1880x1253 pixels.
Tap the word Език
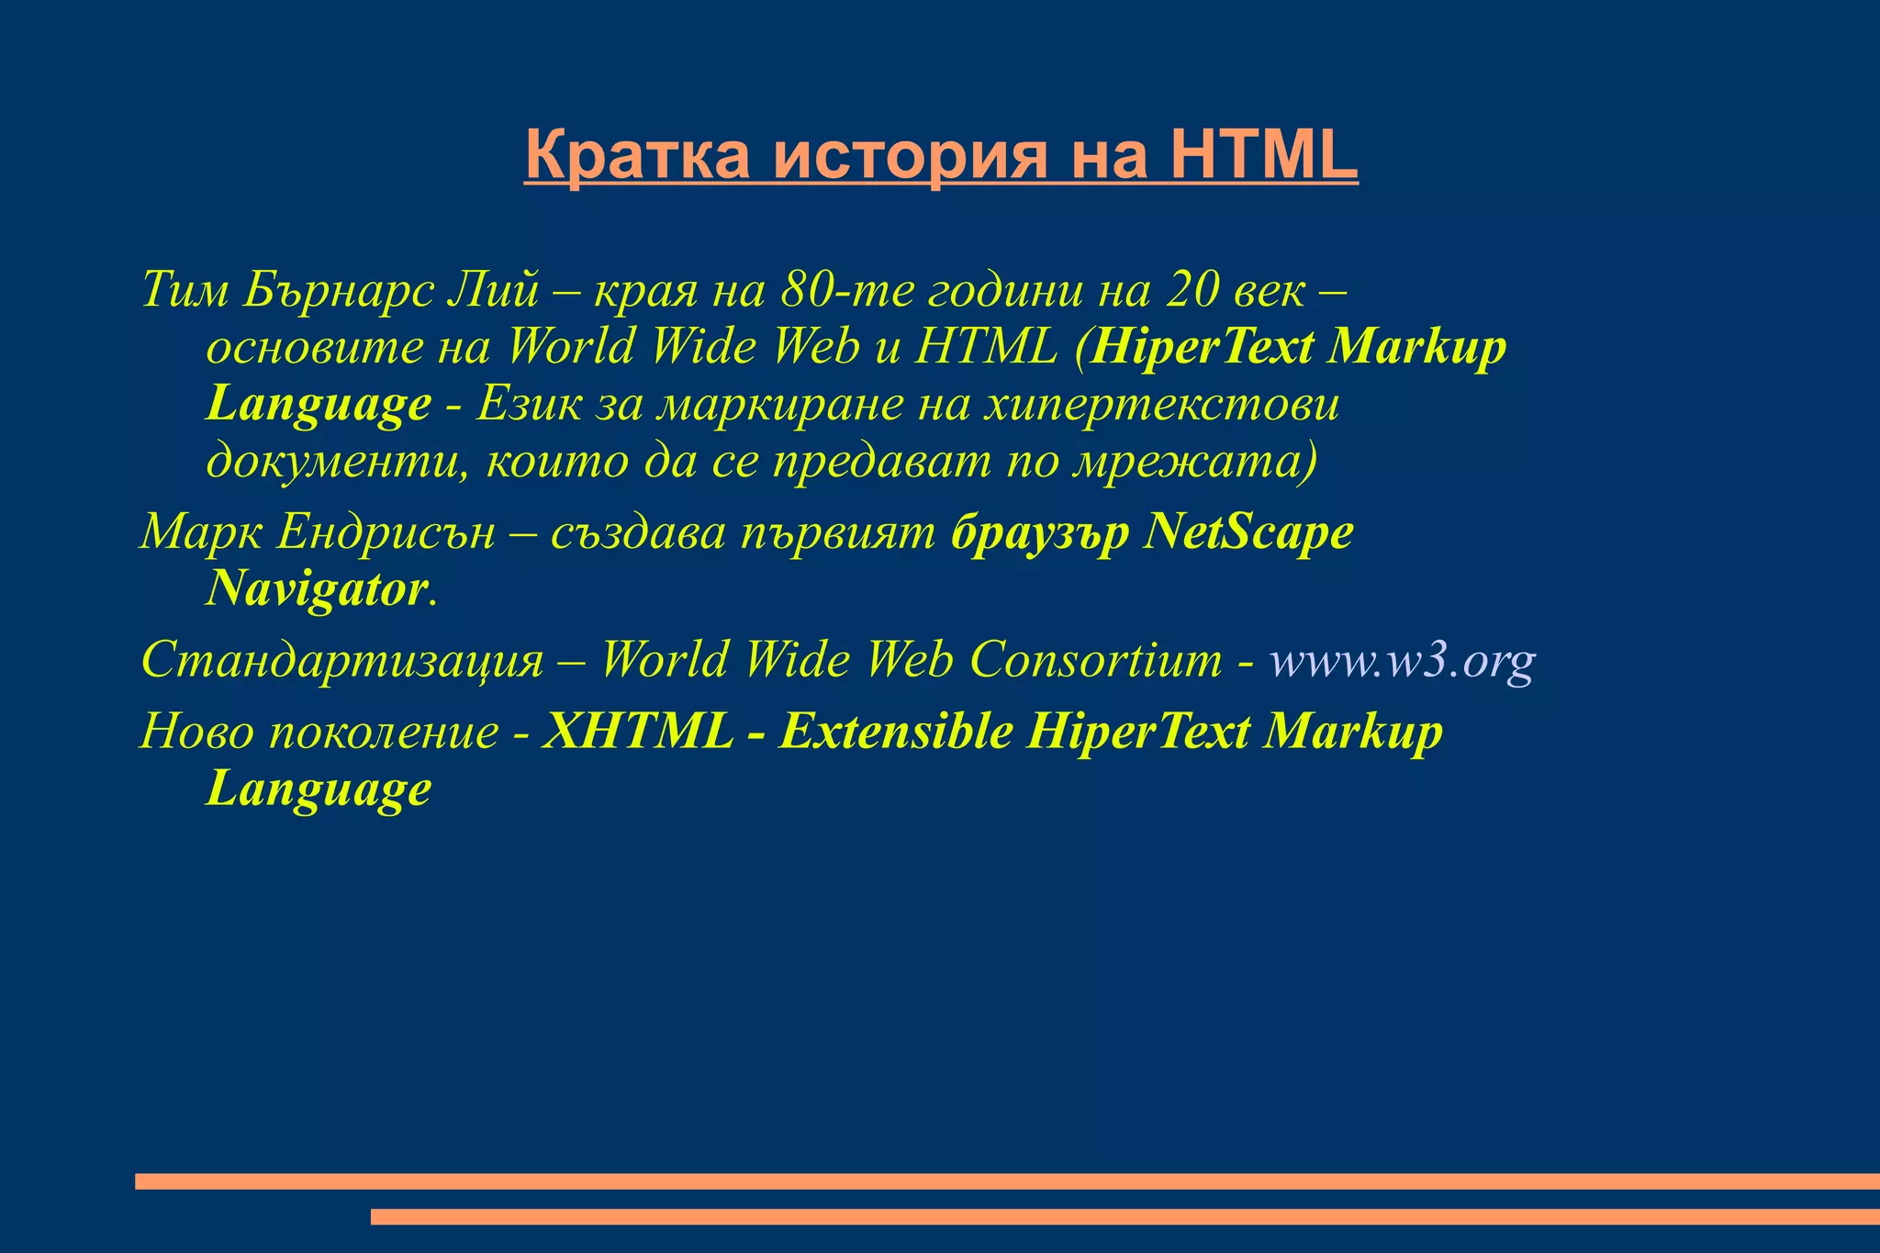click(x=528, y=404)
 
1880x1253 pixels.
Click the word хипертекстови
click(x=1160, y=404)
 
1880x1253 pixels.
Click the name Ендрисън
click(x=386, y=532)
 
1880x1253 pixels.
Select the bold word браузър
click(x=1040, y=532)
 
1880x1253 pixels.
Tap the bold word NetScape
click(x=1248, y=532)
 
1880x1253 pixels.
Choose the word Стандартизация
click(x=342, y=660)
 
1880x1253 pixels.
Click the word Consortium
click(x=1096, y=660)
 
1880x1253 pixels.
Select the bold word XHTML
click(x=638, y=732)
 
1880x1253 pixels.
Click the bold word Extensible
click(x=896, y=732)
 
